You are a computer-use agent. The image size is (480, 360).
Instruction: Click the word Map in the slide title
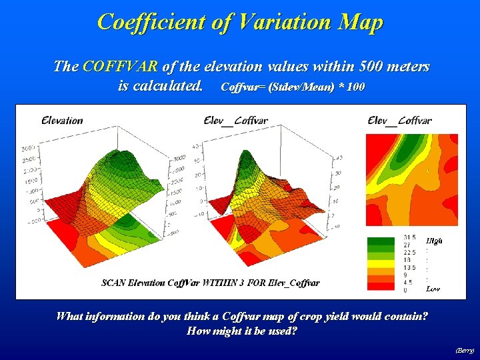coord(361,22)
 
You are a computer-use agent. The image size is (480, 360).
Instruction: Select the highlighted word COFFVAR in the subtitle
coord(121,67)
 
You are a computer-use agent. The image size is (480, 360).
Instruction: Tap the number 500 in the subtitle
coord(358,67)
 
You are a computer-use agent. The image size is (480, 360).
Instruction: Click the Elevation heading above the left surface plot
coord(62,121)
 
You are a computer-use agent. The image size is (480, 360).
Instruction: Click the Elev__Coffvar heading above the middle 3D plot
coord(236,121)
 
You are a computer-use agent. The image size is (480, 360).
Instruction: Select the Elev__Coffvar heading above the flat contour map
coord(399,121)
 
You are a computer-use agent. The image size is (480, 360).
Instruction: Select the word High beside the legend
coord(433,240)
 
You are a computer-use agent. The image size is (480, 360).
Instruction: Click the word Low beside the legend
coord(433,289)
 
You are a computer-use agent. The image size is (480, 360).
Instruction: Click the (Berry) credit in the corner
coord(465,350)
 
